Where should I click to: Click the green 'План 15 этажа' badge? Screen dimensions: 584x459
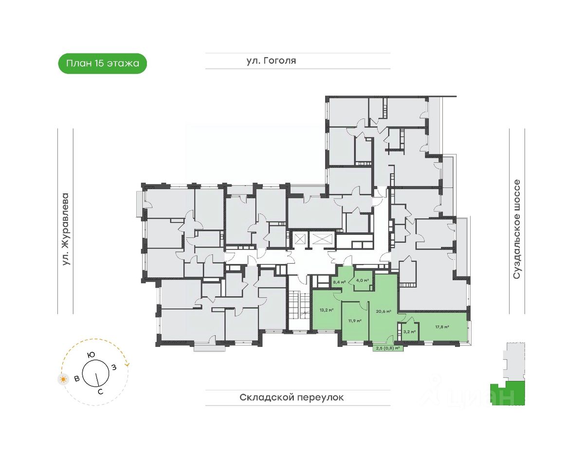(x=102, y=63)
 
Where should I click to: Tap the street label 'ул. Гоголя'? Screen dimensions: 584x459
(x=271, y=61)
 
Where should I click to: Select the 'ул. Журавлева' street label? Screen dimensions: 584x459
(x=65, y=229)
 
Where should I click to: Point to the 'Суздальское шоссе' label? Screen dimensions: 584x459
(x=516, y=229)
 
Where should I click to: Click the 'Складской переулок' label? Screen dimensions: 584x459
(x=292, y=398)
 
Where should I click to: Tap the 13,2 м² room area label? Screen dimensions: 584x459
(x=326, y=310)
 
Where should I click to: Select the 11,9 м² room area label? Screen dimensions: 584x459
(x=355, y=321)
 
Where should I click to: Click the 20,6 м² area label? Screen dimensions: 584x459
(x=383, y=311)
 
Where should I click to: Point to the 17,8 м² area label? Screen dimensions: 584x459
(x=442, y=327)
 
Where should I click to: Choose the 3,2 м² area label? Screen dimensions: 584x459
(x=410, y=332)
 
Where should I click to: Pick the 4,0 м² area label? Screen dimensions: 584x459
(x=363, y=280)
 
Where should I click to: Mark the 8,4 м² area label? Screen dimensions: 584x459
(x=339, y=282)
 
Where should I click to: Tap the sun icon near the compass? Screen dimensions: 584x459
(x=63, y=380)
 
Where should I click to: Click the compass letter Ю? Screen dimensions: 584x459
(x=91, y=355)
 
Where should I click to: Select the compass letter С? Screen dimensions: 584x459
(x=100, y=392)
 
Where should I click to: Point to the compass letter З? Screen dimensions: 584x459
(x=114, y=367)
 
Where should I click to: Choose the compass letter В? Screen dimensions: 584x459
(x=77, y=379)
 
